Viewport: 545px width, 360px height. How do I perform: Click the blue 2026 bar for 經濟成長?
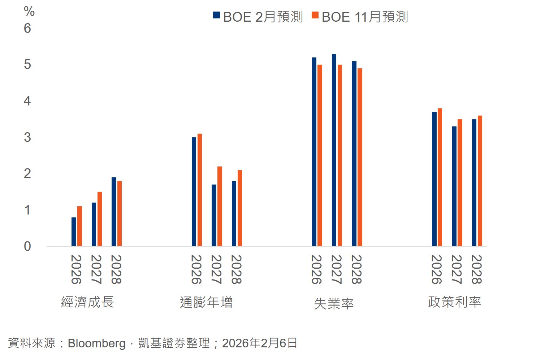74,232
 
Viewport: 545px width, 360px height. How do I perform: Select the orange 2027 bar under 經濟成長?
100,219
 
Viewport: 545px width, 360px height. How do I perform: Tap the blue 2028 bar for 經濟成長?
114,212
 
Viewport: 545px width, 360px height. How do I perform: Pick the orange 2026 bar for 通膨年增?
200,190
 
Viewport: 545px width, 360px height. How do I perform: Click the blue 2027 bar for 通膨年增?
214,215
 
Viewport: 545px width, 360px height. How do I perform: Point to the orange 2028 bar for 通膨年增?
240,208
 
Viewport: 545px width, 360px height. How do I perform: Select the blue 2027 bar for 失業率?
334,150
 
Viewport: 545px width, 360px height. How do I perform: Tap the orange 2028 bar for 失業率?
360,157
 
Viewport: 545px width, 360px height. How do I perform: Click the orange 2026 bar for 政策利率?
440,177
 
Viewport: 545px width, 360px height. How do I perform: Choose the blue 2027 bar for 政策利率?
454,186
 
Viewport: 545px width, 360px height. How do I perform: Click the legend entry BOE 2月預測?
258,17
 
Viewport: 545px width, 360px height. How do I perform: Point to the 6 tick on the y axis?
27,28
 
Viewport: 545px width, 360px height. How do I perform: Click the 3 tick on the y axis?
27,137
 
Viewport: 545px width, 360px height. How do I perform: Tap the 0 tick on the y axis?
27,246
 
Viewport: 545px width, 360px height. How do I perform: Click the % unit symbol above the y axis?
29,11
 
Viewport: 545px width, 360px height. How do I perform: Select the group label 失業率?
334,304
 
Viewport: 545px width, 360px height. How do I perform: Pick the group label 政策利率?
454,302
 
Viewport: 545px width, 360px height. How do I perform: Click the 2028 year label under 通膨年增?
236,269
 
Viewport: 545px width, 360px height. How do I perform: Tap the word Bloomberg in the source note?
96,343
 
